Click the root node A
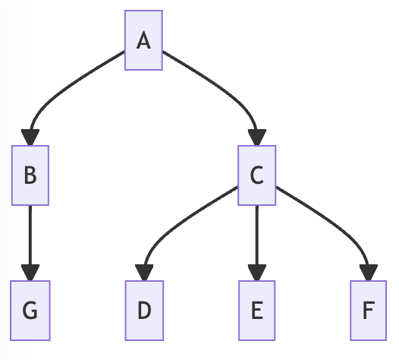pos(143,40)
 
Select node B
pos(30,175)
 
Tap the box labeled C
pos(257,175)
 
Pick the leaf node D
pos(143,311)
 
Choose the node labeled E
pos(257,311)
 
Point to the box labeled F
pos(369,311)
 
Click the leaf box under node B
pos(30,311)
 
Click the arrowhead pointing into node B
pos(30,137)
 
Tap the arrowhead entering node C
pos(257,137)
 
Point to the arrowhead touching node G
pos(30,273)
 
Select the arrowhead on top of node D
pos(143,273)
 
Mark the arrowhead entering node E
pos(257,273)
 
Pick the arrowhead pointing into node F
pos(369,273)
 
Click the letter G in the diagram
pos(30,311)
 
